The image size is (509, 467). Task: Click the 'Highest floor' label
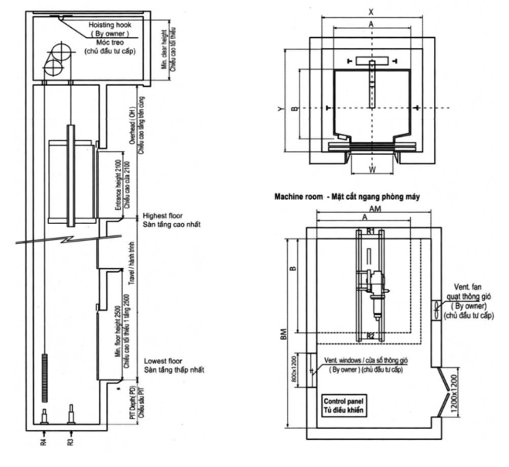pos(163,215)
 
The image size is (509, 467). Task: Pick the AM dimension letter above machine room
pos(372,210)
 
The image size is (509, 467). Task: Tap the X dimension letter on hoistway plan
pos(371,12)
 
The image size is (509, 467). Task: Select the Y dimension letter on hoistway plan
pos(281,109)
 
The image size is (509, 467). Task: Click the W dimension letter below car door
pos(373,169)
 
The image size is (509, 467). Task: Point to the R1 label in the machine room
pos(371,231)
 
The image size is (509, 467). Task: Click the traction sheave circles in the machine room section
pos(56,62)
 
